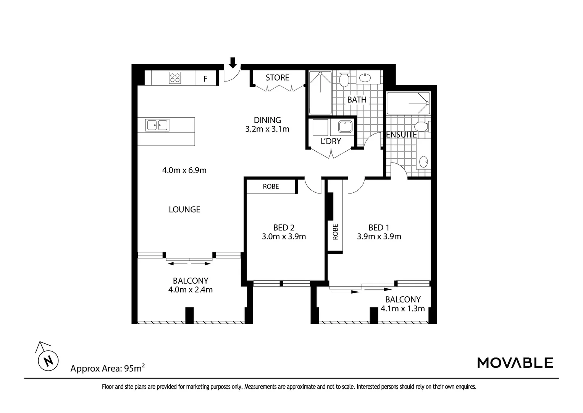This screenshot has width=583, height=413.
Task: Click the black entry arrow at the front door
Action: click(233, 62)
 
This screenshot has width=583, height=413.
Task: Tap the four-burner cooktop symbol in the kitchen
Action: click(175, 78)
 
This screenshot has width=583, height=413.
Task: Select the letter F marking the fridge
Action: click(205, 79)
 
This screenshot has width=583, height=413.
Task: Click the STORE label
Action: click(277, 78)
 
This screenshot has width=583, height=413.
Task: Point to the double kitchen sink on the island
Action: click(157, 125)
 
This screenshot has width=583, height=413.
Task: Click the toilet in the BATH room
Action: click(344, 80)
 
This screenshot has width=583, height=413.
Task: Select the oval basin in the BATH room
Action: click(365, 78)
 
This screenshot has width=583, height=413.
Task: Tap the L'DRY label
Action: click(331, 141)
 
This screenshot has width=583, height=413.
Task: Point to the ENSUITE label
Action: click(401, 135)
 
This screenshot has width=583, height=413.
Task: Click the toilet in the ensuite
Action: click(421, 126)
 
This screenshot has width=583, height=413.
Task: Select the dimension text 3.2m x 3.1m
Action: click(267, 129)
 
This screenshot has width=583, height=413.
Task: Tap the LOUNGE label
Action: click(184, 210)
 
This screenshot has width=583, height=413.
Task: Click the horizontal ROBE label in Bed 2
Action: click(271, 187)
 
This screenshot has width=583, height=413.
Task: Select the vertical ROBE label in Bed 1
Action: click(336, 231)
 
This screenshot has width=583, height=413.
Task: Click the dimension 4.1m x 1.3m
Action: click(403, 309)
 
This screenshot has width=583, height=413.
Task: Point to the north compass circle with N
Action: click(48, 360)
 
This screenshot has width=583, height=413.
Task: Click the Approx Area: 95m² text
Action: click(108, 369)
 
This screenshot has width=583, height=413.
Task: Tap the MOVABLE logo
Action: click(515, 363)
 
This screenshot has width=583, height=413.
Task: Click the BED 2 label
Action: click(284, 228)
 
